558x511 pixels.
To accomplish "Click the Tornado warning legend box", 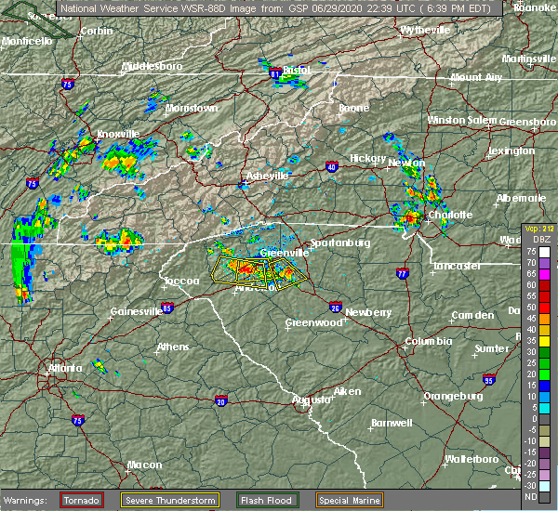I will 82,500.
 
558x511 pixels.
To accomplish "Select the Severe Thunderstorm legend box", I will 169,500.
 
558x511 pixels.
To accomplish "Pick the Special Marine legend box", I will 349,500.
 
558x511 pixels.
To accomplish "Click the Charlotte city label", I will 450,215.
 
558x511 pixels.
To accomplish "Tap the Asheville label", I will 268,176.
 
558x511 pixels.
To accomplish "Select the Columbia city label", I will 428,341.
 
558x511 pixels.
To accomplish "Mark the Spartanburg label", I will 340,242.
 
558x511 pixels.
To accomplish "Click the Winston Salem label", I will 461,121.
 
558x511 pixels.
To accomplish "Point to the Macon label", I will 144,465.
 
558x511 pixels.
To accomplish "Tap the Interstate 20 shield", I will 220,400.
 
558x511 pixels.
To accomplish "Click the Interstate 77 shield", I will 402,274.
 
